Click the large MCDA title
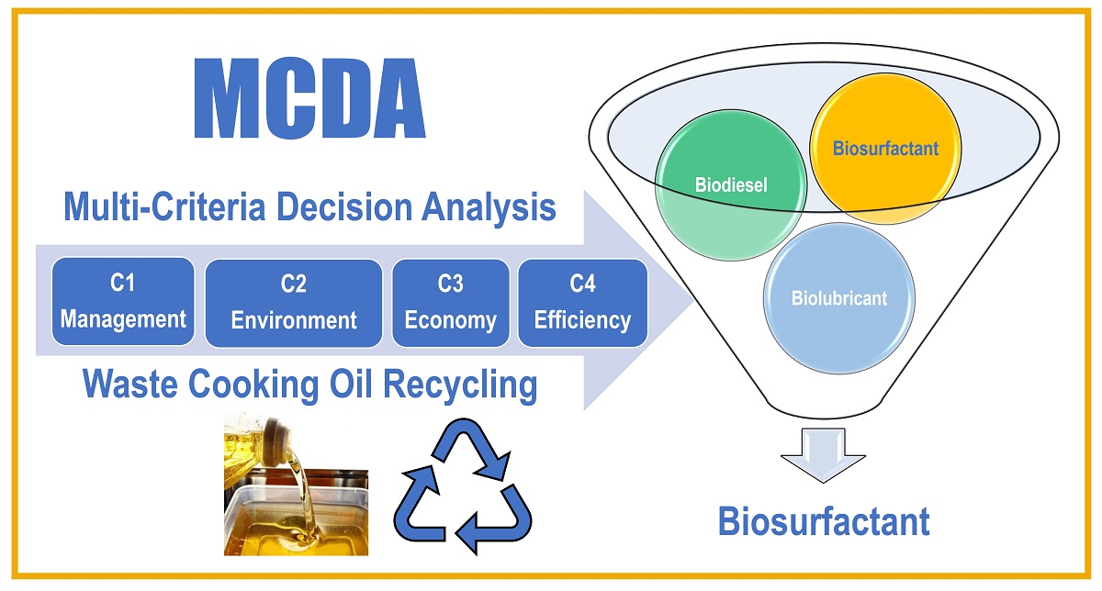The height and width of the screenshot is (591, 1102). pos(311,100)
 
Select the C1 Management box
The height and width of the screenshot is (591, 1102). pos(123,302)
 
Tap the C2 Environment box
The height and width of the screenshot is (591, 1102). pos(293,303)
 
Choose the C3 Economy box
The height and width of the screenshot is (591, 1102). pos(450,303)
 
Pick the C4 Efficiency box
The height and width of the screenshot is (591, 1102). pos(582,303)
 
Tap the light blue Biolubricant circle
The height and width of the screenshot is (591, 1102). pos(838,298)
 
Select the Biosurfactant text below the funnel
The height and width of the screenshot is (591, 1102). pos(823,521)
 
